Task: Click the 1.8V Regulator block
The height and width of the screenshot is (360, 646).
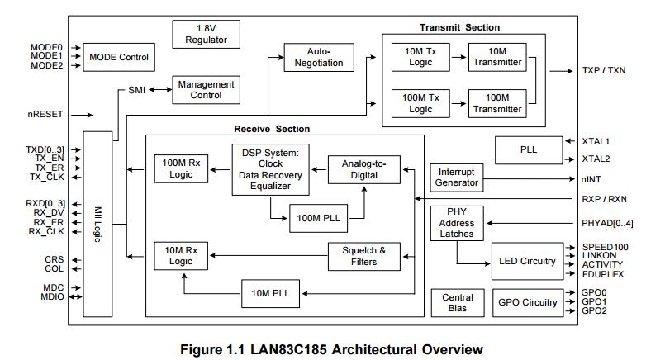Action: pyautogui.click(x=206, y=34)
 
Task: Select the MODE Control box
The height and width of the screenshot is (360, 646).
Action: pyautogui.click(x=119, y=57)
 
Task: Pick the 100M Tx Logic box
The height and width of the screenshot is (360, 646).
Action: pyautogui.click(x=420, y=103)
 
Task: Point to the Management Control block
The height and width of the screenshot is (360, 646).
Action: pyautogui.click(x=206, y=89)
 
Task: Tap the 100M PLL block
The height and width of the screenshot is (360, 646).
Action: pyautogui.click(x=318, y=217)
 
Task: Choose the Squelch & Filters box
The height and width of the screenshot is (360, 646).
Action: pyautogui.click(x=363, y=255)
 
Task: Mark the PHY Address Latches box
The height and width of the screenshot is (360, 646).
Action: pyautogui.click(x=456, y=223)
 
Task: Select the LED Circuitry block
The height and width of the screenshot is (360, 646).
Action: pyautogui.click(x=527, y=261)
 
